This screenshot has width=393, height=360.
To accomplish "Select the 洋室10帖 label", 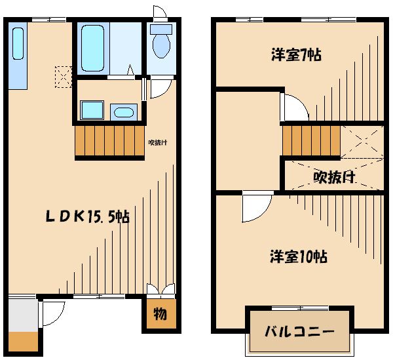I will [x=299, y=256].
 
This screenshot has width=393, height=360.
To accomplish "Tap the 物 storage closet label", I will [x=160, y=314].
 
